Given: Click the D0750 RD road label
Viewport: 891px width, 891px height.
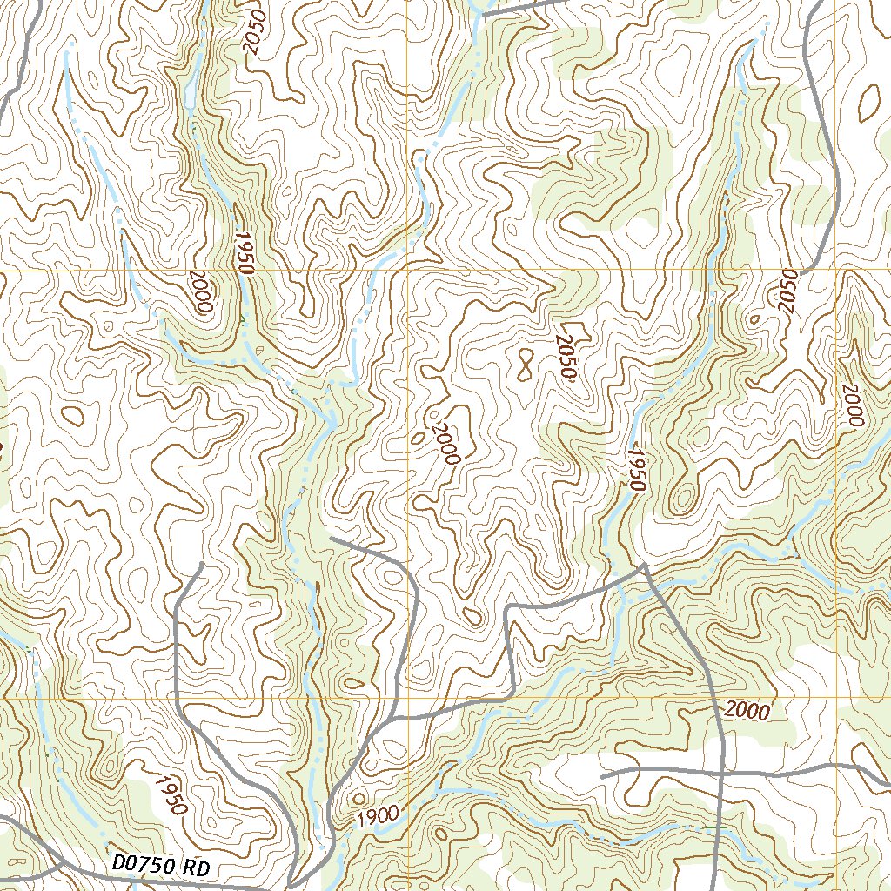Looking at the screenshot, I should point(162,867).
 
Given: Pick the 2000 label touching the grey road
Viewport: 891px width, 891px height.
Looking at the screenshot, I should point(747,711).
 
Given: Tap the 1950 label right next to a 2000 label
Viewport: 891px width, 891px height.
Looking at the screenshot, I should point(242,253).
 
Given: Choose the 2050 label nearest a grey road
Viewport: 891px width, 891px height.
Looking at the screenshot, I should point(788,291).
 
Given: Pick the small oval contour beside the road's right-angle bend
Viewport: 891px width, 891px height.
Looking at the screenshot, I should point(472,616).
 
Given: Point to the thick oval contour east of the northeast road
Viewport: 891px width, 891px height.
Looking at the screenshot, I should point(869,104).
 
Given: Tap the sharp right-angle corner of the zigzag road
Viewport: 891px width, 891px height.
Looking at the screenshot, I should point(508,606).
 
